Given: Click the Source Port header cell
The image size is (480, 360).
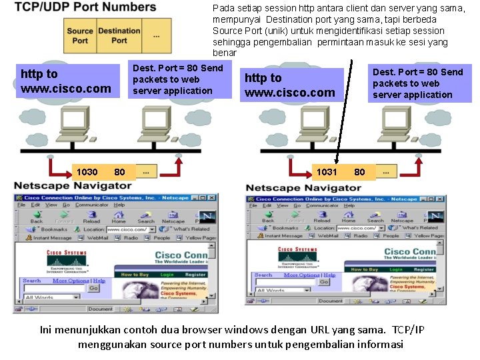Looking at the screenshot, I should [80, 35].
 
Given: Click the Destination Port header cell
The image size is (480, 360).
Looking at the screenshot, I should [119, 35].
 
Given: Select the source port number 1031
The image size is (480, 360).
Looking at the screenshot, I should [326, 172].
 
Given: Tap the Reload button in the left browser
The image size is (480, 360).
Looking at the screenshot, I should [91, 217].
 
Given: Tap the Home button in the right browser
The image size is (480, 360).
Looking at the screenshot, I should [349, 217].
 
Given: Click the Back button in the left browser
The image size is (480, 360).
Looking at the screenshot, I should [37, 217].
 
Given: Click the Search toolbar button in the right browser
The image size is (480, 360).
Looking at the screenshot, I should [376, 217].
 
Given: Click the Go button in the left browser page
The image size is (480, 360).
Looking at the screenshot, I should [93, 289].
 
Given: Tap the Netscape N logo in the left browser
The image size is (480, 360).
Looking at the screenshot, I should [207, 217].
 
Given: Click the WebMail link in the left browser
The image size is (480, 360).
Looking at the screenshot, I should [97, 237].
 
